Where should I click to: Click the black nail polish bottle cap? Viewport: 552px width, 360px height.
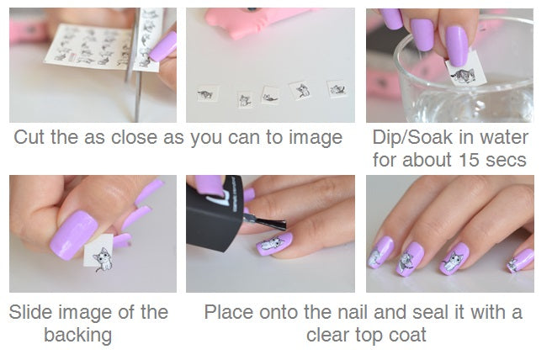[x=215, y=214]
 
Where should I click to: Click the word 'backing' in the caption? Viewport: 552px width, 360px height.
[x=77, y=335]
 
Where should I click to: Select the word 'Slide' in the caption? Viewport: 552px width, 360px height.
[x=30, y=312]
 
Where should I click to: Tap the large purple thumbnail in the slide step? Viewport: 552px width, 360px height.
[x=73, y=235]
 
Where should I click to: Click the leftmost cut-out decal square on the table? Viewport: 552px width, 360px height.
[x=207, y=94]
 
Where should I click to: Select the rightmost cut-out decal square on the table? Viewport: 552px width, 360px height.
[x=337, y=89]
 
